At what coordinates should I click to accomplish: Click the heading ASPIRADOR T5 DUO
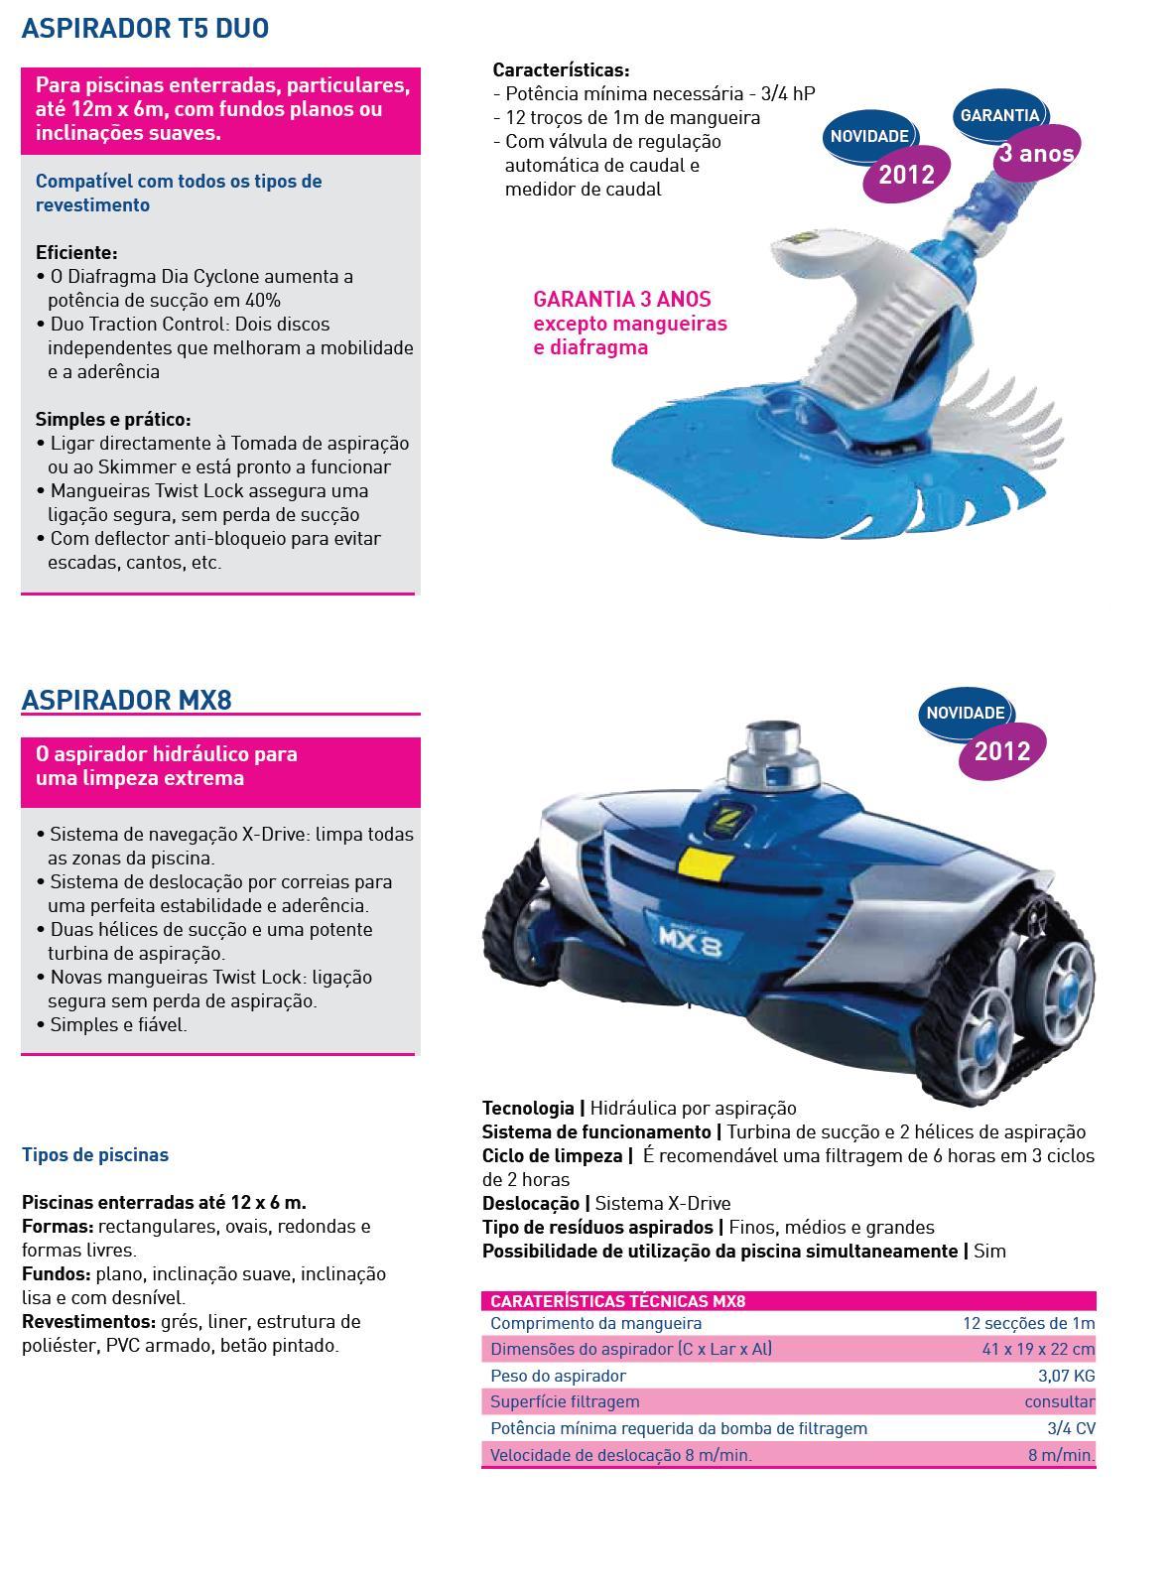point(145,28)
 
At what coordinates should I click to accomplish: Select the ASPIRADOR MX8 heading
point(127,699)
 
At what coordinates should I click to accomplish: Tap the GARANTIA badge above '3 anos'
point(999,114)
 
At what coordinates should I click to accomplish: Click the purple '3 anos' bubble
point(1037,153)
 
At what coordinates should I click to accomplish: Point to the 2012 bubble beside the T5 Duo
point(906,174)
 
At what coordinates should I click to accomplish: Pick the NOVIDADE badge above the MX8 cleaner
point(966,713)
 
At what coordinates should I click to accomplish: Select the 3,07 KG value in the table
point(1066,1376)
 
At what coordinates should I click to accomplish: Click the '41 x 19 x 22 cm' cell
point(1038,1349)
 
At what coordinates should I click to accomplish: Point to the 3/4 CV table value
point(1071,1428)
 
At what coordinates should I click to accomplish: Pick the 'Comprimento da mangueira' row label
point(596,1323)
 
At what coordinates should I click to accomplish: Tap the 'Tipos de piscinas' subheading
point(95,1155)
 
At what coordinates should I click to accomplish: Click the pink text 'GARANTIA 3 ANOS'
point(622,300)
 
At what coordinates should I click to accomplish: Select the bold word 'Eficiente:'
point(76,253)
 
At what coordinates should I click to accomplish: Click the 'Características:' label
point(561,70)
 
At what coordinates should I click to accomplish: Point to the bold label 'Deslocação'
point(530,1204)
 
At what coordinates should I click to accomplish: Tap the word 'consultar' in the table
point(1060,1402)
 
